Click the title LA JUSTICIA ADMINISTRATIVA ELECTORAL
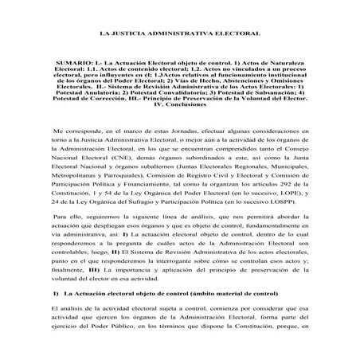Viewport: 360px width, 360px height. point(179,37)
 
